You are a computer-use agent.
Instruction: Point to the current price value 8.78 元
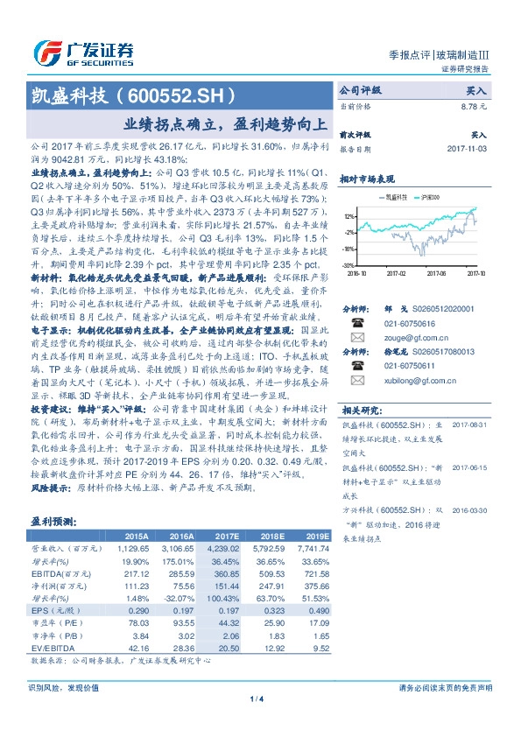click(473, 106)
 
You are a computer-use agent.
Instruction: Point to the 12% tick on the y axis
click(349, 215)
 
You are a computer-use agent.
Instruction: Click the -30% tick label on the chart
click(349, 263)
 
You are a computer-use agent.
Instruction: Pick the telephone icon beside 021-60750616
click(357, 322)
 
